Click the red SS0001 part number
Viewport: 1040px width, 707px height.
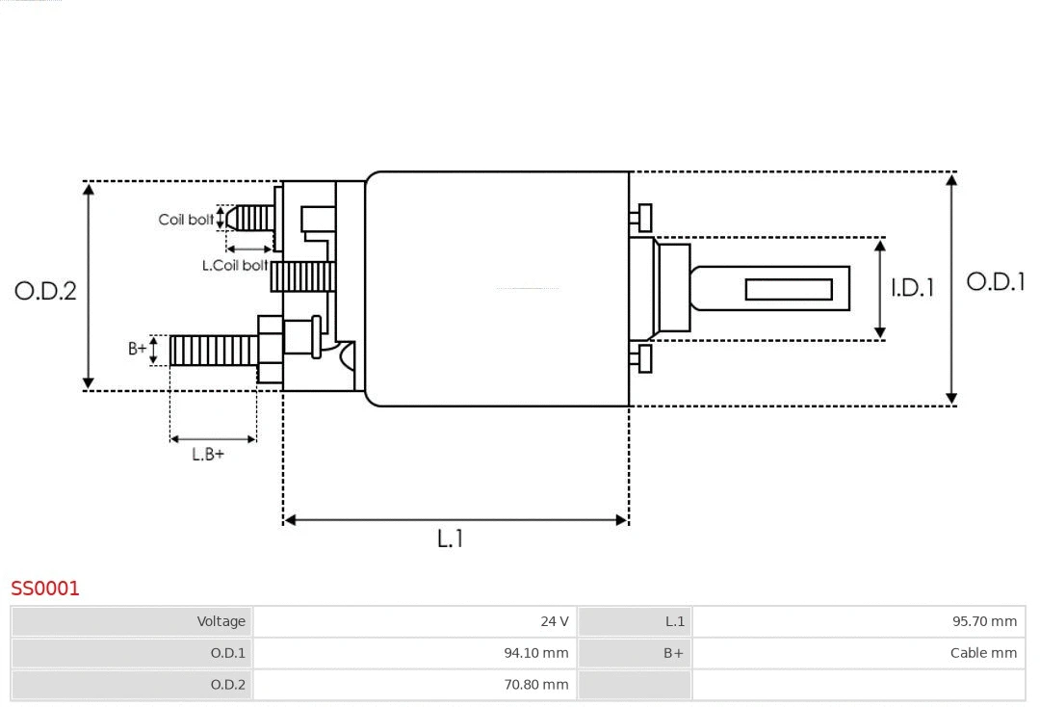(x=45, y=588)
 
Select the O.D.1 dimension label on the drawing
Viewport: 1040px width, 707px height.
(x=995, y=281)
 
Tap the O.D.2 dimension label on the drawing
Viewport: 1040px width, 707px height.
(x=45, y=290)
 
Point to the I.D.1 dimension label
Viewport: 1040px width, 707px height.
(x=911, y=287)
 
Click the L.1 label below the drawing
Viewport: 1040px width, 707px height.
(x=450, y=538)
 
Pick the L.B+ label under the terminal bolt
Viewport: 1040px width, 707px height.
(x=207, y=454)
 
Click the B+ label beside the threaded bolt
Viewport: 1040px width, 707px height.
(x=138, y=349)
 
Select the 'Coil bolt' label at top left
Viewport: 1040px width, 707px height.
(x=186, y=220)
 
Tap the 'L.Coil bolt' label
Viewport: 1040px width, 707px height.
(x=235, y=265)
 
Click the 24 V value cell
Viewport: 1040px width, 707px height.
(x=414, y=621)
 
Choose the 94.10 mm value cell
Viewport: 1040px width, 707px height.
(x=414, y=653)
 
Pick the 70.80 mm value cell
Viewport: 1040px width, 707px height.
(x=414, y=685)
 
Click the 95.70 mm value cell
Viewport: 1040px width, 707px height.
(x=858, y=621)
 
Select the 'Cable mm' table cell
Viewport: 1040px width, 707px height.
(x=858, y=653)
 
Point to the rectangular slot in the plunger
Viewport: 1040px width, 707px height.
(x=789, y=289)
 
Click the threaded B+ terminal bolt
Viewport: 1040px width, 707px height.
(x=213, y=350)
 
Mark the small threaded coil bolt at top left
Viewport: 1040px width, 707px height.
(x=252, y=218)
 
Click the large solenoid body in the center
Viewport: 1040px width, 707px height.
(x=497, y=289)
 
